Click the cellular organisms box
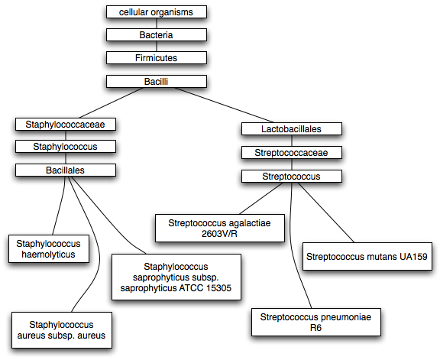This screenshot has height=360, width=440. point(157,12)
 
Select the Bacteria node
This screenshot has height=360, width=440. point(157,35)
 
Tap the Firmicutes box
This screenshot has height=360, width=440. point(157,58)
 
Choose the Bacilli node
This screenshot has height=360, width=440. point(157,82)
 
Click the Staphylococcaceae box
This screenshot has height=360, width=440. point(66,125)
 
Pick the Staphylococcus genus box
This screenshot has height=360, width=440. point(66,147)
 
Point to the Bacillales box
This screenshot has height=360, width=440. point(66,170)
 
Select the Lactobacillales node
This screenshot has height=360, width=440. point(292,129)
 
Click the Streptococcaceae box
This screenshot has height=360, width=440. point(292,152)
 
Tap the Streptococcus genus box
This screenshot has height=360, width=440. point(292,177)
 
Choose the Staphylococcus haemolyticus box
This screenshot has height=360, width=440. point(49,249)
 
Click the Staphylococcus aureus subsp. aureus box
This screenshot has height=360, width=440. point(62,330)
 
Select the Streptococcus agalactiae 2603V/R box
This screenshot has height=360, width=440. point(220,228)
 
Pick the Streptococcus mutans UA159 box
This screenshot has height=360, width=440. point(367,256)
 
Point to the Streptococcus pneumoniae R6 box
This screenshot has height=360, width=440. point(316,322)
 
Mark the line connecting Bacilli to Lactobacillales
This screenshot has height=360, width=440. point(220,105)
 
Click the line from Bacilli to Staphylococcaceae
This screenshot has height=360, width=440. point(112,102)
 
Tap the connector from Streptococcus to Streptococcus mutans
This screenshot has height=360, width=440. point(326,212)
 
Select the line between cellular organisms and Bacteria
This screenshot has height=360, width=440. point(157,24)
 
